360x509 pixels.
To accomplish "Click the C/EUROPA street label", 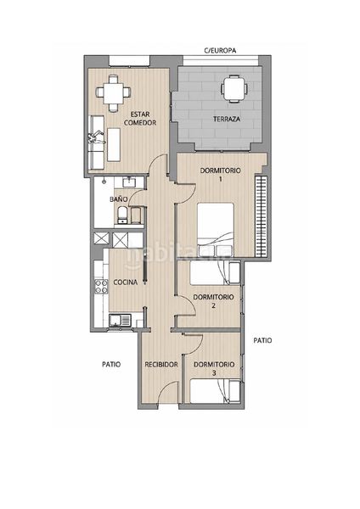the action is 220,51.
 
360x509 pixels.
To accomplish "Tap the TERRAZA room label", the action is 227,119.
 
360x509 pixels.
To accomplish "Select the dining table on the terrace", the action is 234,88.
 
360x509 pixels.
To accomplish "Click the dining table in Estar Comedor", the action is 113,93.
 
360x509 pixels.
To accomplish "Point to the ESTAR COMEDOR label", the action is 140,119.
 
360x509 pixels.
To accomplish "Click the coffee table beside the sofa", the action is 114,144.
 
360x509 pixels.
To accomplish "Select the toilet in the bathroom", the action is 122,215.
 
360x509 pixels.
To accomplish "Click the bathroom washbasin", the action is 129,182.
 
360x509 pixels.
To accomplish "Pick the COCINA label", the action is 126,282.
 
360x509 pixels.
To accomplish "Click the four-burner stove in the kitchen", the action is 101,287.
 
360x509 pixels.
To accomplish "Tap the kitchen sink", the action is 120,321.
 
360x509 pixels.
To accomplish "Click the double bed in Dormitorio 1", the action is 216,230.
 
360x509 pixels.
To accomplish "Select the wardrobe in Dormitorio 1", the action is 261,216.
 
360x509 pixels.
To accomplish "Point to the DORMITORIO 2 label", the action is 213,301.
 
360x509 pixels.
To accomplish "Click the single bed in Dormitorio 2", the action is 215,273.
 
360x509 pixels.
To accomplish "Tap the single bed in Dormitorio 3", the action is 215,391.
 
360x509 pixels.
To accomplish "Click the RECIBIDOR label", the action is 161,365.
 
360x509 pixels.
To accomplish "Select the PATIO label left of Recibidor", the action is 111,364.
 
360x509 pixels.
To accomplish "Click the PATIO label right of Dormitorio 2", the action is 262,340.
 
